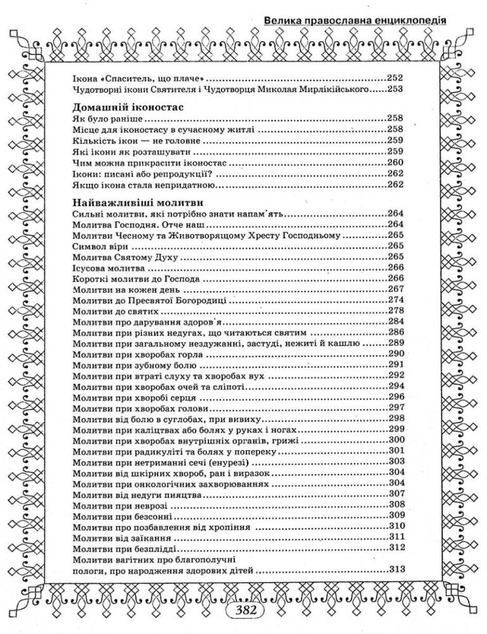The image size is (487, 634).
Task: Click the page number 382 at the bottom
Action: [x=244, y=612]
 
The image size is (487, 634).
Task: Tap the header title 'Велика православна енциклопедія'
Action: [x=355, y=20]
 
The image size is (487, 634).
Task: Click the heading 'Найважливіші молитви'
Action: [x=137, y=203]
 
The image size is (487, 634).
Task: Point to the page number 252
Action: [x=395, y=79]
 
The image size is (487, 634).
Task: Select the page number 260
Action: [x=395, y=162]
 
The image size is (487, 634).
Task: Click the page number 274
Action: [x=395, y=300]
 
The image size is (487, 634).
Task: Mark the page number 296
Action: [x=395, y=397]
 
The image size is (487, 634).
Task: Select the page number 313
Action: [x=395, y=569]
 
